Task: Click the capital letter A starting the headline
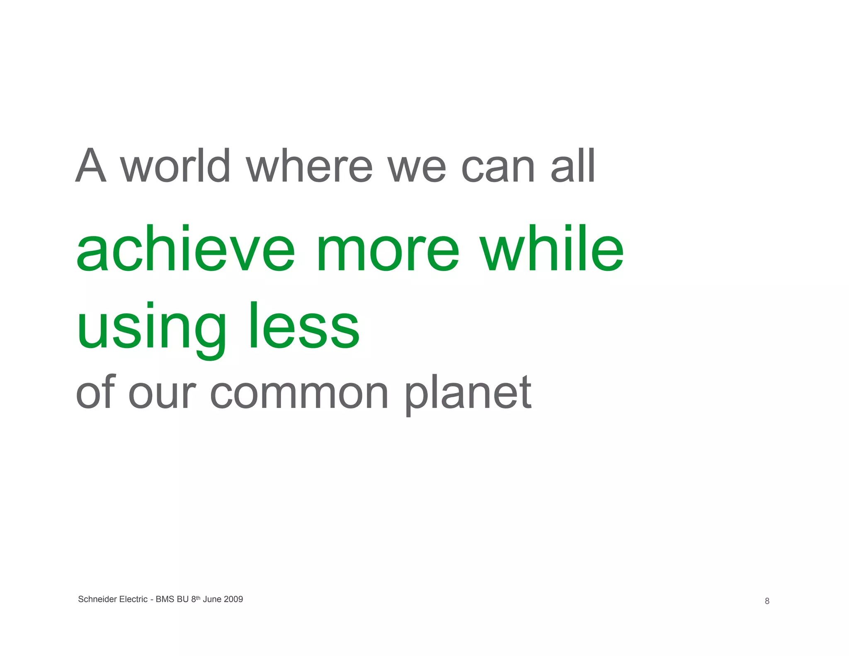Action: pyautogui.click(x=91, y=166)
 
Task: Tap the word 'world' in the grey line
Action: pyautogui.click(x=175, y=166)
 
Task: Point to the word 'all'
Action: pyautogui.click(x=573, y=166)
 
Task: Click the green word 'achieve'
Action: pyautogui.click(x=186, y=249)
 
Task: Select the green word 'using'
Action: pyautogui.click(x=151, y=328)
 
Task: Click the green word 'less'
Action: pyautogui.click(x=304, y=326)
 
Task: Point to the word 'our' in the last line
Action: pyautogui.click(x=162, y=394)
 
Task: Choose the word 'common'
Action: pyautogui.click(x=299, y=394)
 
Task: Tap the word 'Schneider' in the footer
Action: pyautogui.click(x=97, y=599)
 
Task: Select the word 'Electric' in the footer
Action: pyautogui.click(x=133, y=599)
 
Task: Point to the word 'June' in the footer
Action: pyautogui.click(x=212, y=599)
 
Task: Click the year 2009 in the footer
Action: pyautogui.click(x=233, y=599)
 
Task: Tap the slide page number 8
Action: pyautogui.click(x=767, y=601)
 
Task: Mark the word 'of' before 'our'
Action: pyautogui.click(x=95, y=392)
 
